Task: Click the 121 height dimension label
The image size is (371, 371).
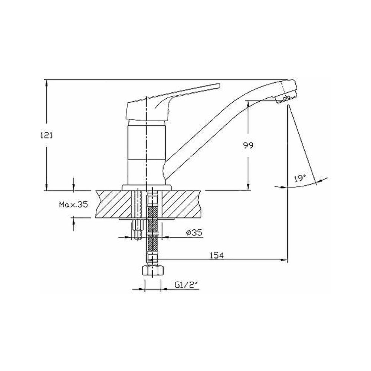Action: pyautogui.click(x=47, y=135)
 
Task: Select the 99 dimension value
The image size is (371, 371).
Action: pyautogui.click(x=248, y=145)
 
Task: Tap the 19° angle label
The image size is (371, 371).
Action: pyautogui.click(x=300, y=178)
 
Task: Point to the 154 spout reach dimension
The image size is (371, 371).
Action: pyautogui.click(x=217, y=256)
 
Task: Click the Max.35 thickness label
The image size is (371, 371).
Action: pyautogui.click(x=73, y=204)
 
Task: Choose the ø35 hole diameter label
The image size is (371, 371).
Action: pyautogui.click(x=194, y=233)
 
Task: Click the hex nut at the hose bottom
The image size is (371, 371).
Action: pyautogui.click(x=153, y=270)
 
